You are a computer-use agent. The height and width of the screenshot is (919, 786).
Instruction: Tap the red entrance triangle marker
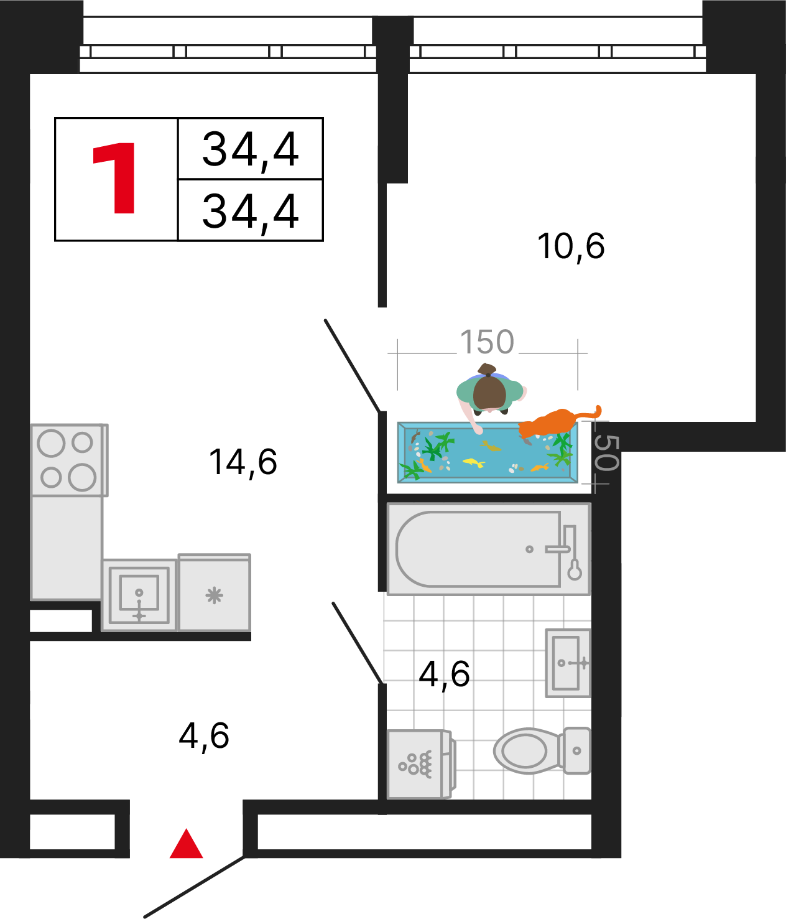[x=186, y=844]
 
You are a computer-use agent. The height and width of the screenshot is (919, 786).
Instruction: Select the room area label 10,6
[x=571, y=246]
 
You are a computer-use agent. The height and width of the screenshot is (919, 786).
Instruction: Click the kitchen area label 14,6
[x=243, y=463]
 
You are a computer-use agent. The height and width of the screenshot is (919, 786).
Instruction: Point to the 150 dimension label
[x=487, y=342]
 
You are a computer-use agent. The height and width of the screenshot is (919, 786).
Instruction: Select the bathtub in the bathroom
[x=489, y=549]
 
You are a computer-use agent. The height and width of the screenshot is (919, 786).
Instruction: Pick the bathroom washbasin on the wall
[x=568, y=663]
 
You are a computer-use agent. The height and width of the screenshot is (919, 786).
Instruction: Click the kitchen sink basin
[x=139, y=595]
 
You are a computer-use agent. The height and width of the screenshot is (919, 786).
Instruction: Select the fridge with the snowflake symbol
[x=214, y=592]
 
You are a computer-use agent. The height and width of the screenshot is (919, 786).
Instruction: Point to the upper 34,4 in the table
[x=251, y=151]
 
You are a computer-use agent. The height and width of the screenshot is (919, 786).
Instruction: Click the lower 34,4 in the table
[x=251, y=213]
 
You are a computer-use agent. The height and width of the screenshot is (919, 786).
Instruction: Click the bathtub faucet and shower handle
[x=566, y=552]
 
